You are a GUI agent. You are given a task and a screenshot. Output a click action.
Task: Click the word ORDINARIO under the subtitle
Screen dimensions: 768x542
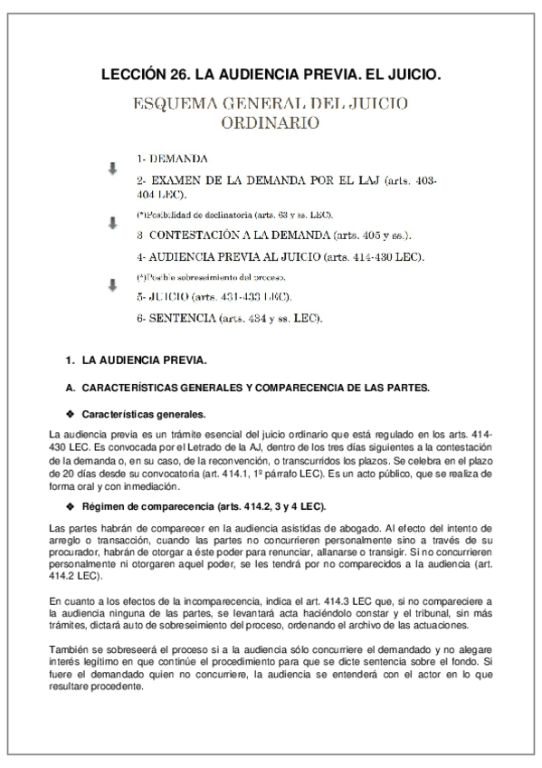point(271,121)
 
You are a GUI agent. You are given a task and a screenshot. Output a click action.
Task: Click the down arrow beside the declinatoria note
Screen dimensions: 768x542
point(112,222)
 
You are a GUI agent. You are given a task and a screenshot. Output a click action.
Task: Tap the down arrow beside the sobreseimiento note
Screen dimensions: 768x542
point(112,283)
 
